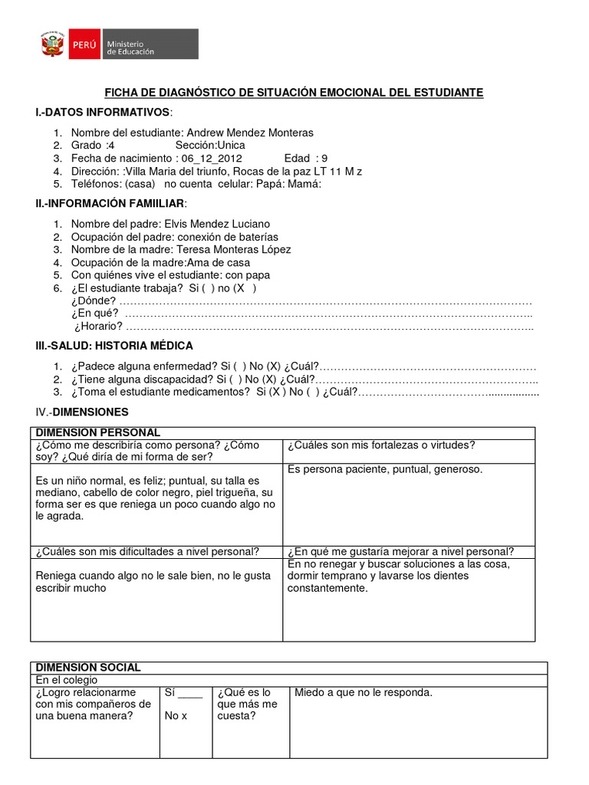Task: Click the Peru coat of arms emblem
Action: [x=52, y=46]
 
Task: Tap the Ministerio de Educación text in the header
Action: [x=130, y=47]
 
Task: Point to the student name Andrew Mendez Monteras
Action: [x=250, y=133]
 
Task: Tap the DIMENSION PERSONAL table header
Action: [x=98, y=433]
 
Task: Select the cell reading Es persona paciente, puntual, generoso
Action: [x=384, y=469]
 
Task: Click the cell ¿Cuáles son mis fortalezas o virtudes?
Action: [x=381, y=445]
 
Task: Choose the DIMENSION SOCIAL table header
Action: [x=88, y=668]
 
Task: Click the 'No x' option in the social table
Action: [x=176, y=716]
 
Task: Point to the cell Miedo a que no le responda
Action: [x=364, y=693]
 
